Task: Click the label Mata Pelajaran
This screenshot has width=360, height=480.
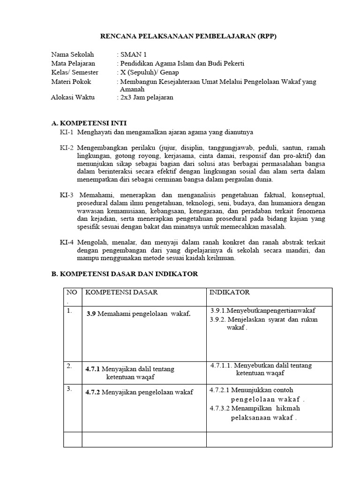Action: click(73, 63)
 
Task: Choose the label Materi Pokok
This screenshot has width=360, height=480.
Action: click(71, 82)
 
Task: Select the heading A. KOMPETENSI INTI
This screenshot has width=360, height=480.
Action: click(89, 123)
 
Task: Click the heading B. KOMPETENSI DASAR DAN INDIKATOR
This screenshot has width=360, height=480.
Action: click(125, 274)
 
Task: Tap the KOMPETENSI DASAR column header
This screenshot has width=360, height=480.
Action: click(121, 292)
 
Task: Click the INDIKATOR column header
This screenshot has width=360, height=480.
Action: click(230, 292)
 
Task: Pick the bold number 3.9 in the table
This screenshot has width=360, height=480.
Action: click(91, 314)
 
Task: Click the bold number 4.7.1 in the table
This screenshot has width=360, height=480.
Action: click(92, 369)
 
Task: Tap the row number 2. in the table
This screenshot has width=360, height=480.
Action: click(69, 367)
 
